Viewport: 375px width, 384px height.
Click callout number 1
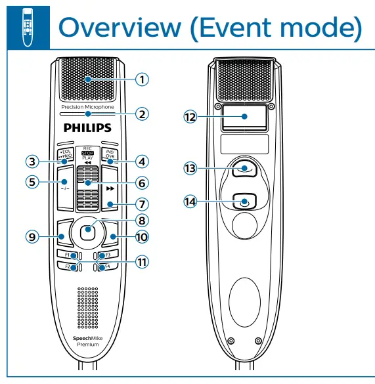pyautogui.click(x=142, y=79)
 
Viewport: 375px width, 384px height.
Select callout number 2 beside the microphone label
pyautogui.click(x=142, y=113)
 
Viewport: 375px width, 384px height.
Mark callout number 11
pyautogui.click(x=142, y=261)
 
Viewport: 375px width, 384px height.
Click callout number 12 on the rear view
pyautogui.click(x=190, y=116)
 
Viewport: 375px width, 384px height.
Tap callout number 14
pyautogui.click(x=190, y=202)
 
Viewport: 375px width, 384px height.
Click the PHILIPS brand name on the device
pyautogui.click(x=87, y=127)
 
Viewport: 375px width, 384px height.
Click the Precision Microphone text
pyautogui.click(x=87, y=106)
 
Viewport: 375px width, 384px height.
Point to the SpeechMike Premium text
pyautogui.click(x=87, y=341)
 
